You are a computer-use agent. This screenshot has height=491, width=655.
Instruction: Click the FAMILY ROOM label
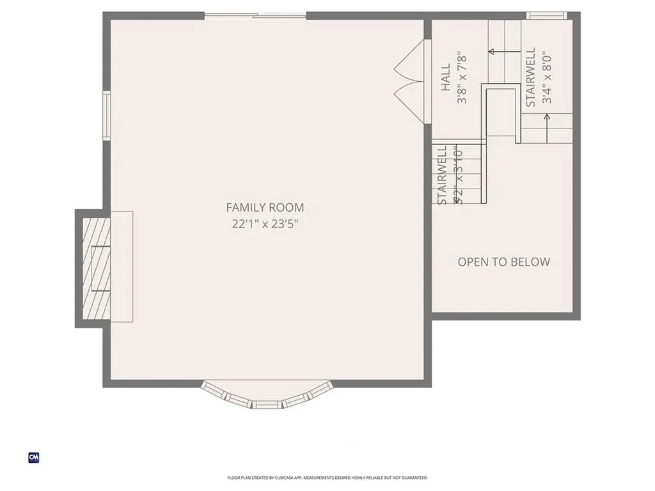(265, 207)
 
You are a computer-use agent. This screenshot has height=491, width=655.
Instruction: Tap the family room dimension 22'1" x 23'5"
(265, 224)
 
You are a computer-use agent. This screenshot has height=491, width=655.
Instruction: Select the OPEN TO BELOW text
(503, 261)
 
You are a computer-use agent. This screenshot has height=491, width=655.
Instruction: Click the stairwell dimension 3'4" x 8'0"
(546, 77)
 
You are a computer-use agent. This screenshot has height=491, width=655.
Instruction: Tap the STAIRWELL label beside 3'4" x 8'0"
(531, 78)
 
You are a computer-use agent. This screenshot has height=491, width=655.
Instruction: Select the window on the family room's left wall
(107, 115)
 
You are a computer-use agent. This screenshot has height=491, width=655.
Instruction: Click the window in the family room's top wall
(255, 15)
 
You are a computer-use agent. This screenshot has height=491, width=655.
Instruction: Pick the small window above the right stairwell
(546, 15)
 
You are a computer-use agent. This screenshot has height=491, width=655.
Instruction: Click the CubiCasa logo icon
(34, 457)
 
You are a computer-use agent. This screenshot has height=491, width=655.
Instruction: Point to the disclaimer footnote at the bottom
(327, 478)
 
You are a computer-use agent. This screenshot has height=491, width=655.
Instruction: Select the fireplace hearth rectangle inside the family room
(122, 267)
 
